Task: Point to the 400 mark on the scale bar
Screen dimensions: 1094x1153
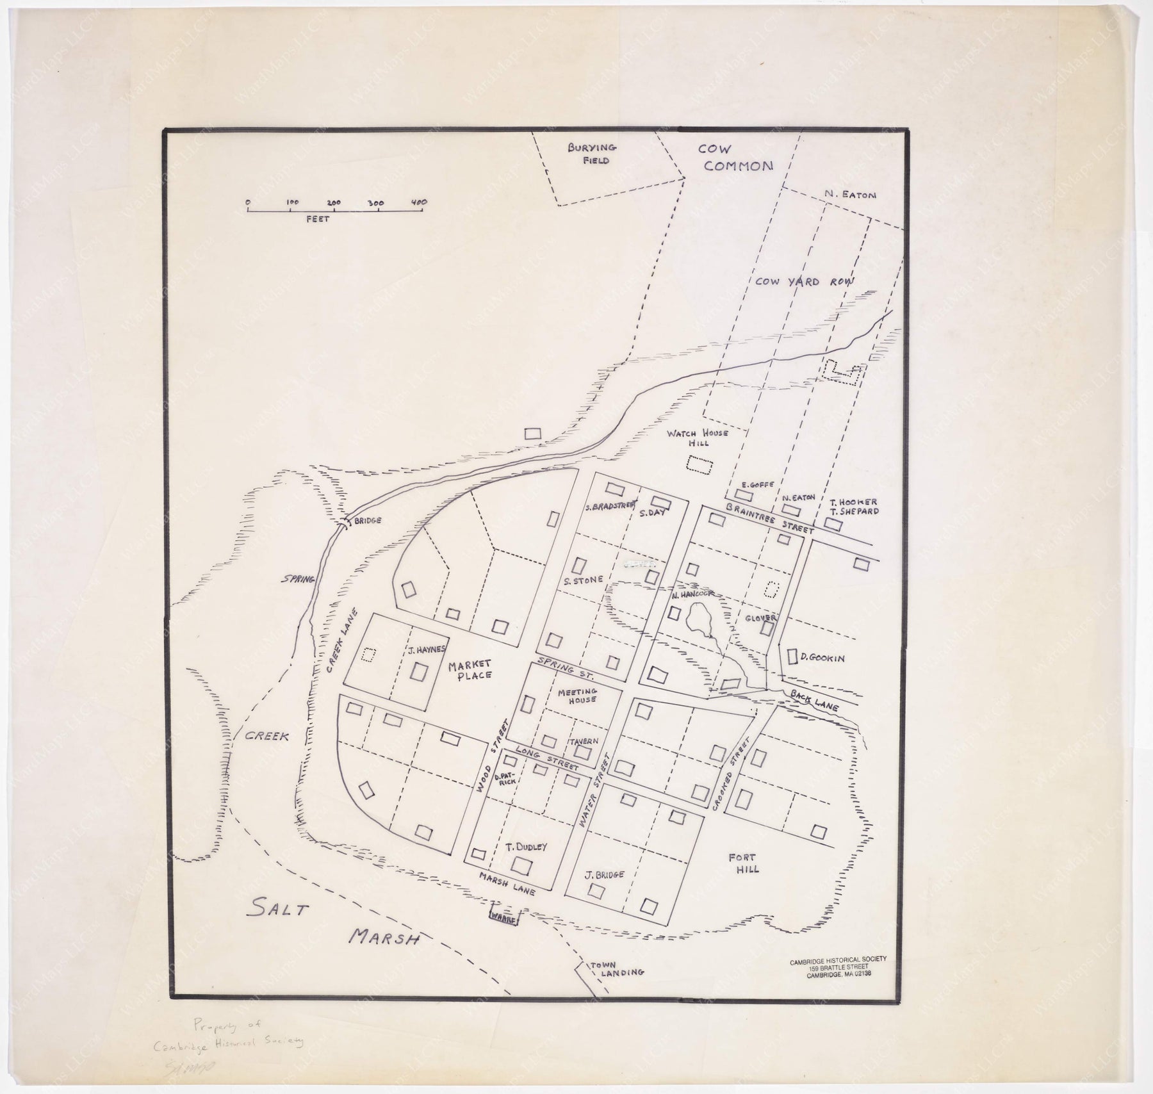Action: (419, 202)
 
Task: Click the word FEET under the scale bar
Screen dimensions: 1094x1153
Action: (317, 219)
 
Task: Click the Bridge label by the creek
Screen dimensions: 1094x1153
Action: (367, 521)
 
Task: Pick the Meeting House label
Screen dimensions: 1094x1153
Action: (576, 696)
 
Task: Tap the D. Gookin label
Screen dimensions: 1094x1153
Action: (822, 658)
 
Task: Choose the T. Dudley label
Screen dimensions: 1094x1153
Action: (527, 847)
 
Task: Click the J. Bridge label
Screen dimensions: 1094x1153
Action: (604, 874)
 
